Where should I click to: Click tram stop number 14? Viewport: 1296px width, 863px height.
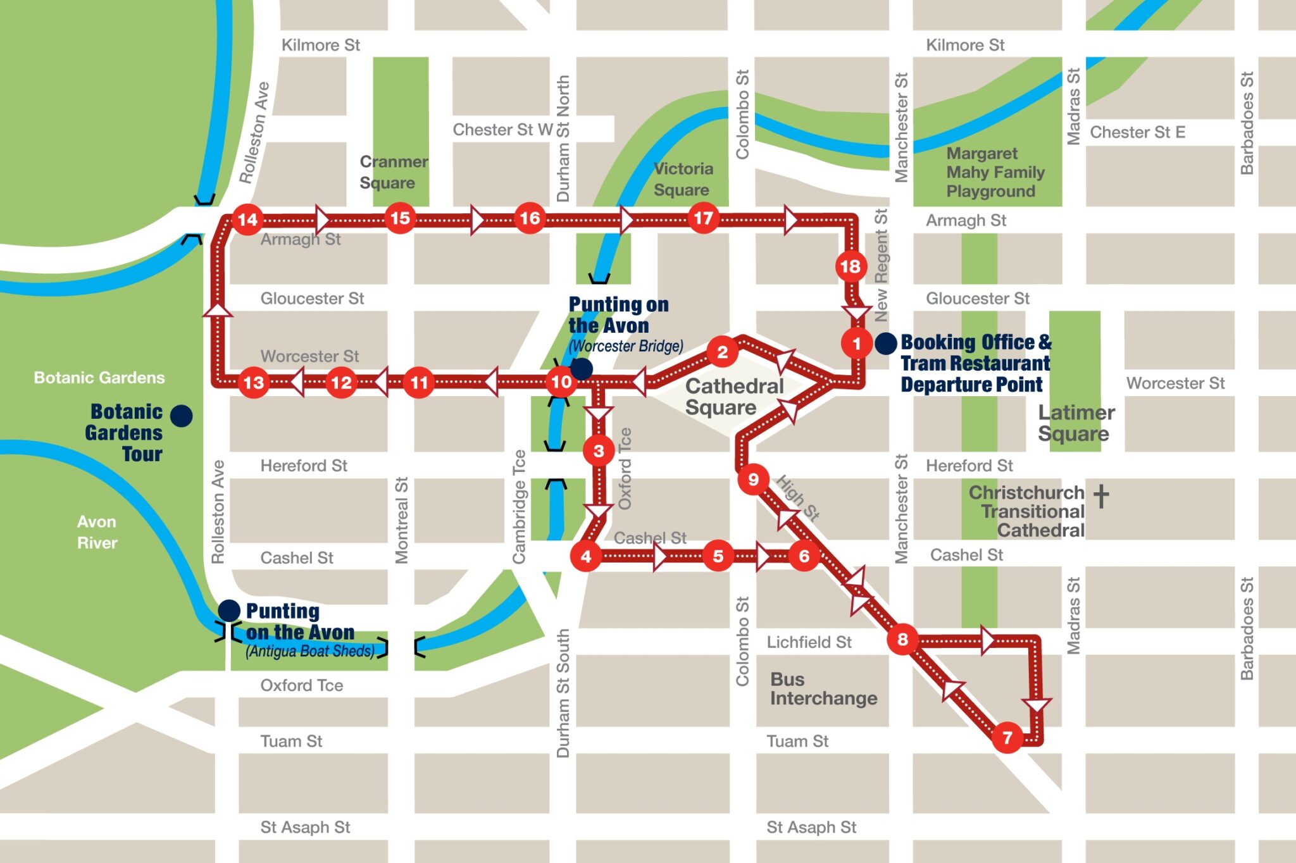coord(247,220)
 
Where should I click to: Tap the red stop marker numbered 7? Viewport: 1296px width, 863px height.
coord(1007,737)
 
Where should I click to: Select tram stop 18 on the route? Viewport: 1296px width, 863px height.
coord(850,266)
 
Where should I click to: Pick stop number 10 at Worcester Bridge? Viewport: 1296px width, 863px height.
coord(561,382)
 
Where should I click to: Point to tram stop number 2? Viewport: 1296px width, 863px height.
coord(722,352)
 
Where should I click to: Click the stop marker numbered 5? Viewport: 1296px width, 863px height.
coord(718,556)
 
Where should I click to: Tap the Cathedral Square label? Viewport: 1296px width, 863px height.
coord(733,397)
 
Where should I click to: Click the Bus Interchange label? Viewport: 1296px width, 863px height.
coord(823,688)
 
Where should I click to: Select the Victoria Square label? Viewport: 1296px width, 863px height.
coord(682,179)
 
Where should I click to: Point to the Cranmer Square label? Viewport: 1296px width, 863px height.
coord(393,172)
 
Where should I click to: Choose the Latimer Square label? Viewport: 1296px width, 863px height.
coord(1076,423)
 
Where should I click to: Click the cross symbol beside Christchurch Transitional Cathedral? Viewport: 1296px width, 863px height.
coord(1101,496)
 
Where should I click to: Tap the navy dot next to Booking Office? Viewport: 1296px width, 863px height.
coord(885,344)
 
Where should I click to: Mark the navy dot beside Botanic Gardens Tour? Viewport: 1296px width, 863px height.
coord(182,416)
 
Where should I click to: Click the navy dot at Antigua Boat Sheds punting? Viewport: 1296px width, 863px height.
coord(228,611)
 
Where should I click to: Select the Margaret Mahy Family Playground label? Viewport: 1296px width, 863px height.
coord(994,172)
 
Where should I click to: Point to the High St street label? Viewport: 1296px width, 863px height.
coord(798,498)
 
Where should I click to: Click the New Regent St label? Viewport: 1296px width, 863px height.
coord(881,266)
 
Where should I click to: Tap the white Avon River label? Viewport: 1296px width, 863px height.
coord(97,532)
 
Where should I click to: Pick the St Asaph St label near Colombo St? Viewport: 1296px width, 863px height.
coord(811,827)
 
